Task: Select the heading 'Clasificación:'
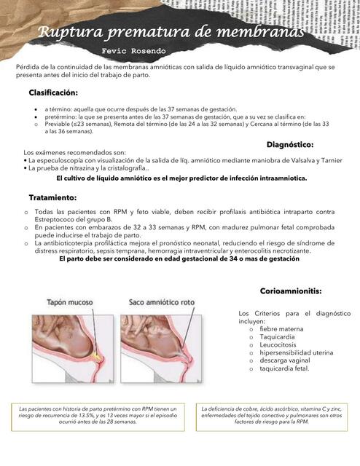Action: coord(52,93)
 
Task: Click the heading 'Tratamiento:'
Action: coord(52,197)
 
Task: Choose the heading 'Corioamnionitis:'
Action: coord(291,291)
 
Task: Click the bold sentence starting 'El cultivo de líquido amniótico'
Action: coord(181,178)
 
